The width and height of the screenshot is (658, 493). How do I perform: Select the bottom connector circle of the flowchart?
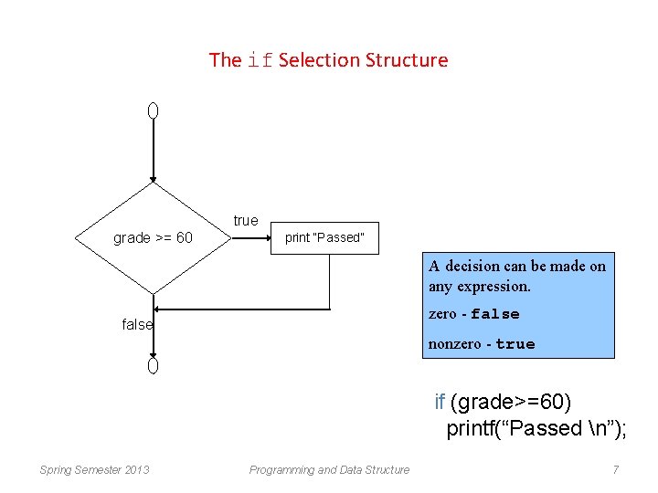coord(154,365)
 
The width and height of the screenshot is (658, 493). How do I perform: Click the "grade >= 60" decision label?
coord(153,238)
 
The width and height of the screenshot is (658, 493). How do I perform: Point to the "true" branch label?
coord(246,221)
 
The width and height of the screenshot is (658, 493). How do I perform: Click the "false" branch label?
coord(137,325)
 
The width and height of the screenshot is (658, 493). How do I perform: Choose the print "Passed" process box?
coord(325,238)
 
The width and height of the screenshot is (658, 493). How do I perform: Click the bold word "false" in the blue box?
coord(495,314)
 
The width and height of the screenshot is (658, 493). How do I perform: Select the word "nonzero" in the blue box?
coord(454,344)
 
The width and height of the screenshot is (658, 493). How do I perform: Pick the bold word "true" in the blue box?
coord(515,344)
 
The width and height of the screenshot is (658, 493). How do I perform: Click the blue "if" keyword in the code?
coord(440,403)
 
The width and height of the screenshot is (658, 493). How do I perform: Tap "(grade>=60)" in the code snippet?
coord(511,403)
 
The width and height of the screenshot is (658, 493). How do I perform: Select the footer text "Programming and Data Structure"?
coord(329,470)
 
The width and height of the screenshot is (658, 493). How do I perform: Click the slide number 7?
coord(616,470)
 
